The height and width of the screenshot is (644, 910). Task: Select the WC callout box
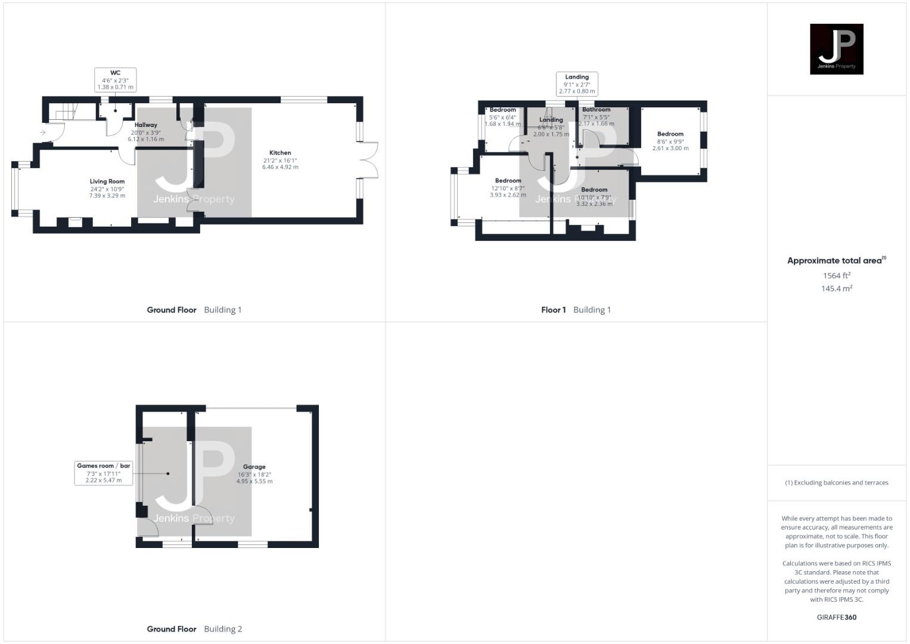point(115,80)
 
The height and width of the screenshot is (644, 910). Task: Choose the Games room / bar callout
point(104,473)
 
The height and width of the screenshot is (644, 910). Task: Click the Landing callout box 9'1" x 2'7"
point(577,84)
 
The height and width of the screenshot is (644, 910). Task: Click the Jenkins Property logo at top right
point(836,49)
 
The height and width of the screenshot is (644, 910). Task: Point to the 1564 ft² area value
point(836,275)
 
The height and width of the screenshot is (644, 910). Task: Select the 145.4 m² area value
point(836,289)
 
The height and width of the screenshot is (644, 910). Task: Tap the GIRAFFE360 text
point(836,617)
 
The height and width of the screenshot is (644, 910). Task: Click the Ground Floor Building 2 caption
point(194,629)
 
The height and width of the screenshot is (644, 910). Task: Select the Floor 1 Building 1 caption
point(576,310)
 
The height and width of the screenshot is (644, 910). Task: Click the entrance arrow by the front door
point(43,132)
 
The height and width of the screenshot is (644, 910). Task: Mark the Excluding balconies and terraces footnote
point(836,483)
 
